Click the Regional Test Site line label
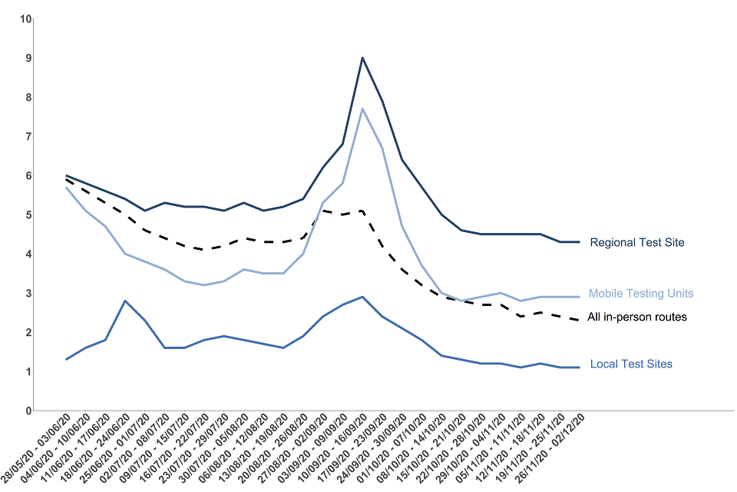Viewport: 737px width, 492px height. [x=636, y=243]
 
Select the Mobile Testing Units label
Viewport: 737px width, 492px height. [x=641, y=294]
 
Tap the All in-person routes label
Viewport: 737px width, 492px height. [x=636, y=317]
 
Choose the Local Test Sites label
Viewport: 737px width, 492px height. [x=631, y=364]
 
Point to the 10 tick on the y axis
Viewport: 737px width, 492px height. [x=25, y=18]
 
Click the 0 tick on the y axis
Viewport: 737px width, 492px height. [x=27, y=411]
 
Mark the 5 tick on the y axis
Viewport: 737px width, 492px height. [x=27, y=215]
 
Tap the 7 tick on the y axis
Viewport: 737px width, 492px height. [x=27, y=137]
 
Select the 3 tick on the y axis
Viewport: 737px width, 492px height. [x=27, y=294]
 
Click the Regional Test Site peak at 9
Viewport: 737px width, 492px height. [x=362, y=58]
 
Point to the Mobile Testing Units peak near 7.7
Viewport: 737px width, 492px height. [x=362, y=108]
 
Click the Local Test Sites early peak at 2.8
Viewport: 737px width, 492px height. [x=126, y=301]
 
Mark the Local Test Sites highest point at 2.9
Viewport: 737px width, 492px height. [x=362, y=297]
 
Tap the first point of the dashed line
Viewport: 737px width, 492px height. [x=67, y=179]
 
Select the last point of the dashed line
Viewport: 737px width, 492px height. [x=579, y=321]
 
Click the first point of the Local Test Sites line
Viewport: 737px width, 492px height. [x=67, y=360]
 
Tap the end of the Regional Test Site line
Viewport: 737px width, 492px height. [x=579, y=242]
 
